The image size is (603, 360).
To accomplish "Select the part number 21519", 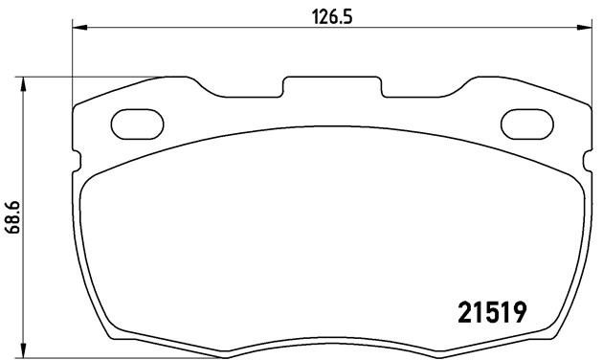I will pos(488,313).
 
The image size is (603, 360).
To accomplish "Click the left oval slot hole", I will pos(139,124).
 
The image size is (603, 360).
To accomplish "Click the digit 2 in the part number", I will pos(458,313).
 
